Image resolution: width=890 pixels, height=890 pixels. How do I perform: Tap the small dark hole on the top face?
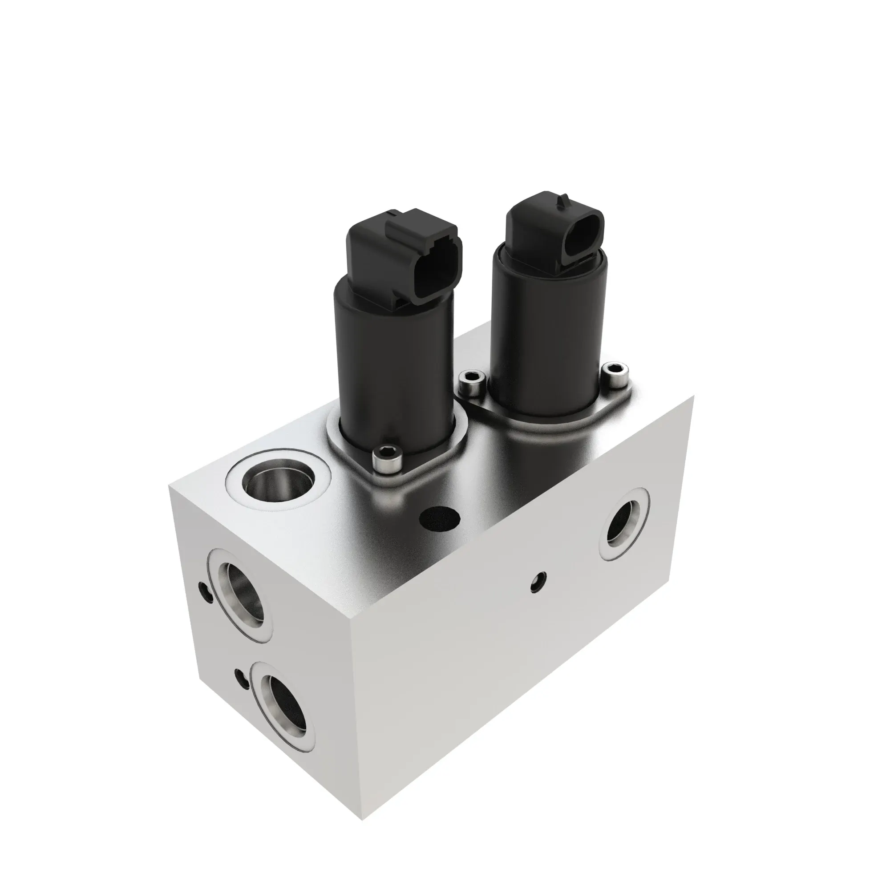point(440,519)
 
